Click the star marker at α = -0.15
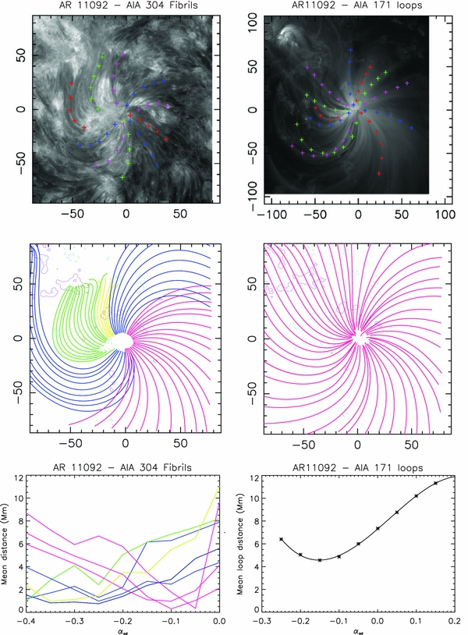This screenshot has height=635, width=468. point(320,560)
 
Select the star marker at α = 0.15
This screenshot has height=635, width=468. point(435,483)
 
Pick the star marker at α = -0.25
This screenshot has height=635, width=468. point(281,539)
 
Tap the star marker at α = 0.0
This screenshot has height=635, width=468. point(378,528)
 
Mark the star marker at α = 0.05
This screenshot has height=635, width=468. point(397,513)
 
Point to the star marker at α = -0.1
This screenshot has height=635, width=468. point(339,556)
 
